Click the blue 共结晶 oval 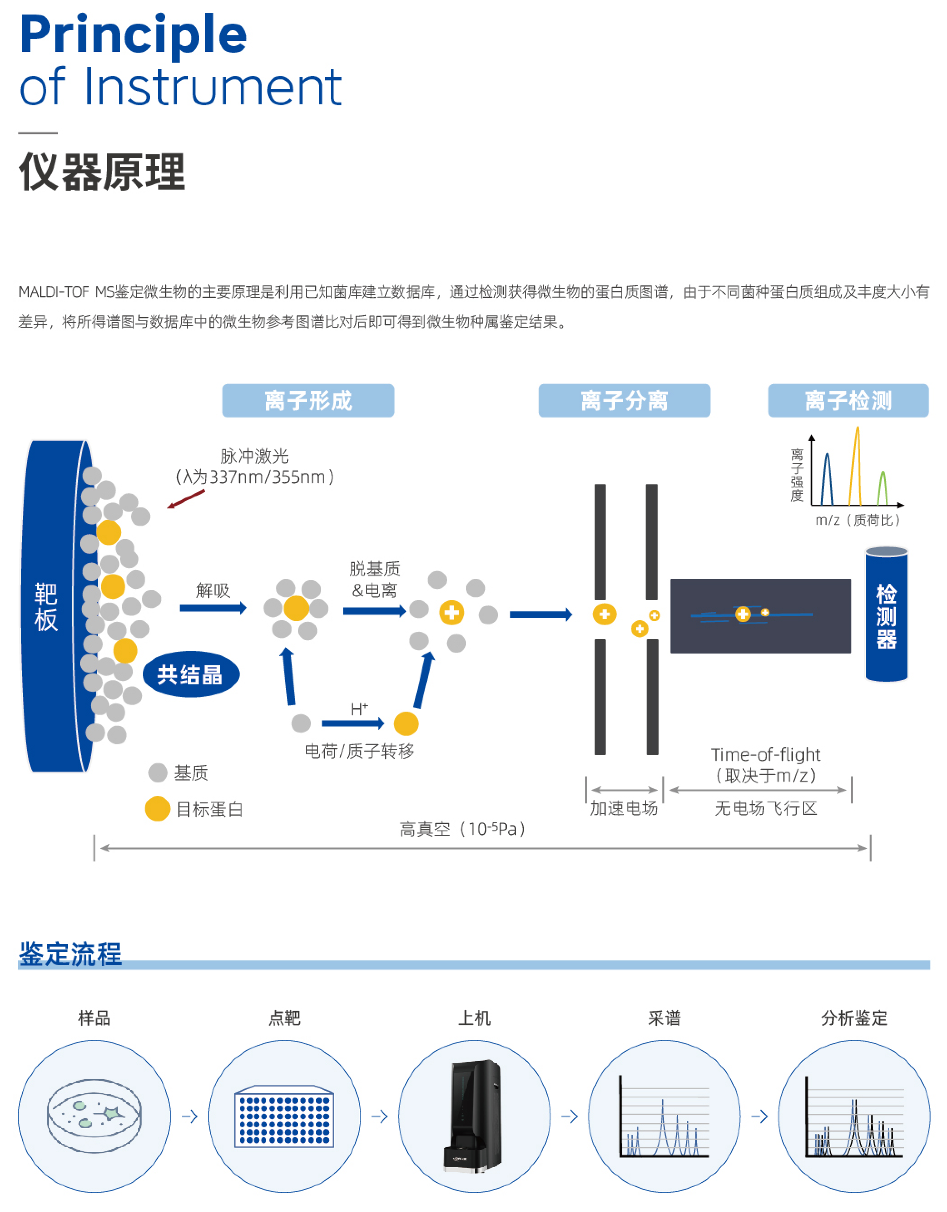(190, 674)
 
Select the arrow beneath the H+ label (353, 723)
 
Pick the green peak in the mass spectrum (882, 488)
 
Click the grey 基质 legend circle (158, 773)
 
